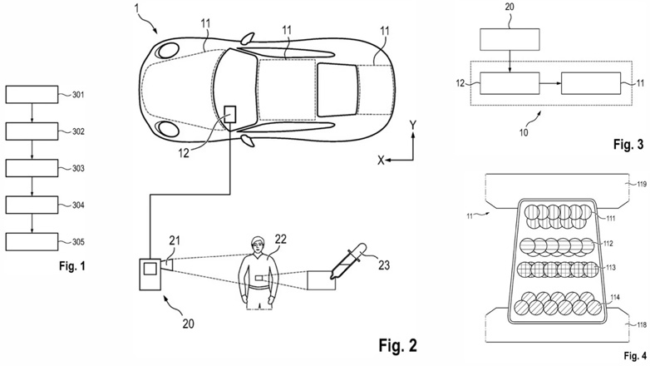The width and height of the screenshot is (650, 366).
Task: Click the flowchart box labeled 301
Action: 32,95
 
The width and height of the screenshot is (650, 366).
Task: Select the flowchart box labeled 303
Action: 32,168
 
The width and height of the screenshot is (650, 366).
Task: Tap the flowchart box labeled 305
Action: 32,242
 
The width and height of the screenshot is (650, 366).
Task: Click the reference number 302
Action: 78,131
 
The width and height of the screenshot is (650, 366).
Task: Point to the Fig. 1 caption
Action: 72,265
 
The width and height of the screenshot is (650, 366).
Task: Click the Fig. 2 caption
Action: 397,345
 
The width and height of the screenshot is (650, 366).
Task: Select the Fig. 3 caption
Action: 628,144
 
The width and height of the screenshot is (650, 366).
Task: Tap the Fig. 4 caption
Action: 635,356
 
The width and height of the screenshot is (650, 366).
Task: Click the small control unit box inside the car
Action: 230,114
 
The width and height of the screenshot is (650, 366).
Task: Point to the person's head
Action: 258,245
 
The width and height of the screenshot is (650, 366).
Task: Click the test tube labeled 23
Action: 347,261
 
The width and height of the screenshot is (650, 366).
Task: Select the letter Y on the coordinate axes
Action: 413,126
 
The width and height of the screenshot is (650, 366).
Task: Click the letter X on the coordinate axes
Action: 381,161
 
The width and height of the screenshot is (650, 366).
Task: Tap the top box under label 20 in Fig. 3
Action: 510,39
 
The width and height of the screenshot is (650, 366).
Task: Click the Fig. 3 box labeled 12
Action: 510,83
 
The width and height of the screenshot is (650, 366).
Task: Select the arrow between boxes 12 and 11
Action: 550,83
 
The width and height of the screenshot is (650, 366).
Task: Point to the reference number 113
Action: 611,268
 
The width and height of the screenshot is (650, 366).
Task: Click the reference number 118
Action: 642,325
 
